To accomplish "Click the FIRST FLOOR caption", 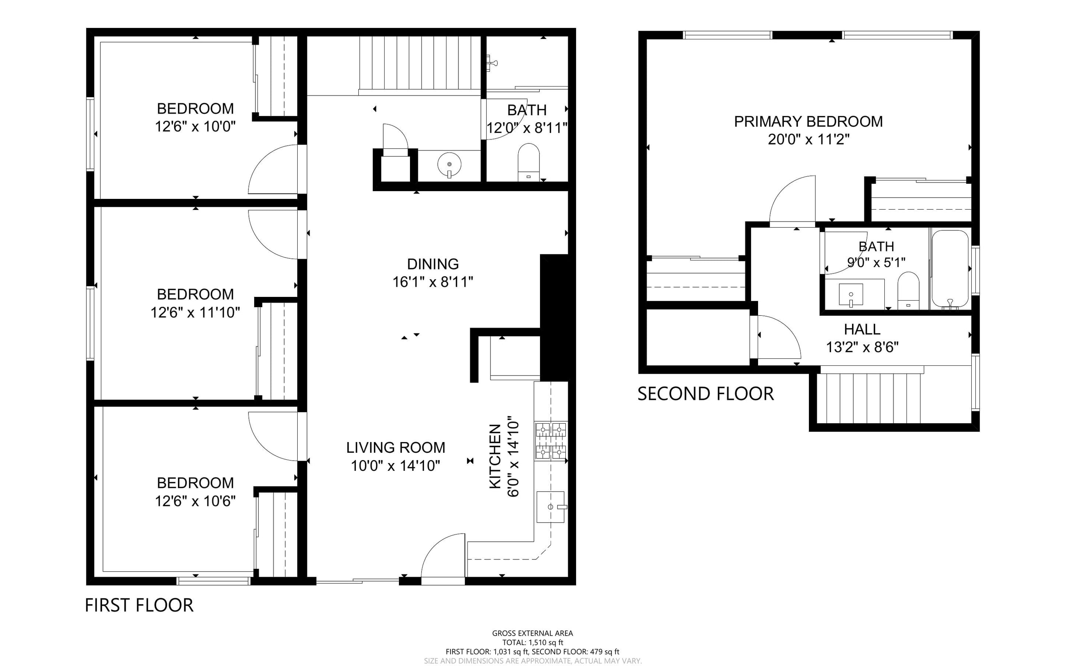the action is pos(139,606).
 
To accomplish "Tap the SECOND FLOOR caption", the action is pos(705,394).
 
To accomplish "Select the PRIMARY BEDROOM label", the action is pos(808,121).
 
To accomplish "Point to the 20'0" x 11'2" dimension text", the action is pos(809,139).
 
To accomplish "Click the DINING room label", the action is pos(433,264).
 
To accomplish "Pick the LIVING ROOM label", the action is pos(395,447).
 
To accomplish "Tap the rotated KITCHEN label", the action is pos(495,456).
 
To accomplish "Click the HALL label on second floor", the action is pos(862,329).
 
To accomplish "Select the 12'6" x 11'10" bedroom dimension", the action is pos(195,313).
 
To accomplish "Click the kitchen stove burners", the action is pos(550,441).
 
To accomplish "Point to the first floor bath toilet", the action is pos(528,162).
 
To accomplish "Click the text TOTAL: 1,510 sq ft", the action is pos(533,643).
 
